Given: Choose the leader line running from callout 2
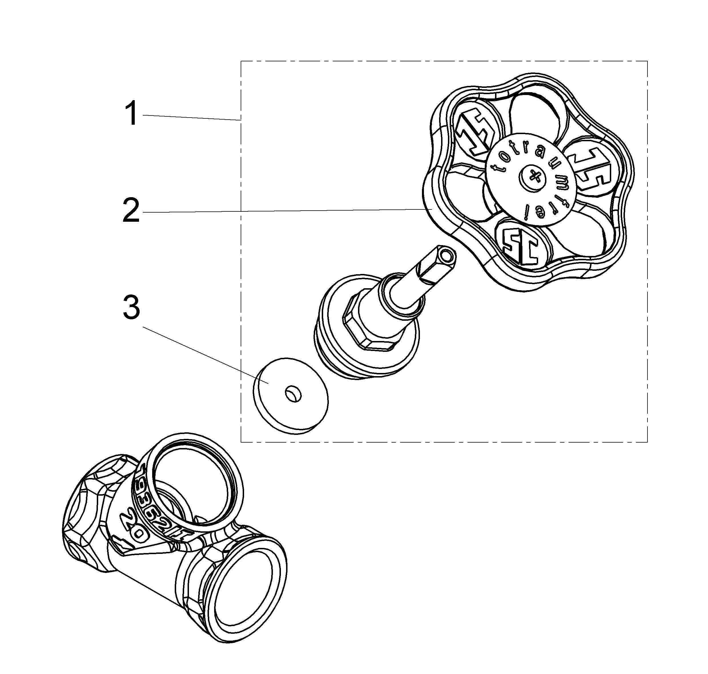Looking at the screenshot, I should tap(280, 211).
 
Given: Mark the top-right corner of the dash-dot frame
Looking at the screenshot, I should tap(647, 61).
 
